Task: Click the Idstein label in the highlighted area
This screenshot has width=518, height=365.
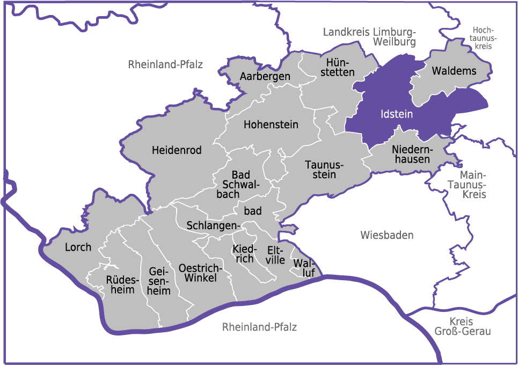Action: [396, 114]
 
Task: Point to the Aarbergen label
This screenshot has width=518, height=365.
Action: [265, 76]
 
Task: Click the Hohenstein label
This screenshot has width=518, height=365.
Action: [271, 125]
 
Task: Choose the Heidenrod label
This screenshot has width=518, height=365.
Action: [177, 150]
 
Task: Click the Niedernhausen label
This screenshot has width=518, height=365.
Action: [411, 154]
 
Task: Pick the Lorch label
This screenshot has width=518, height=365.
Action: [78, 247]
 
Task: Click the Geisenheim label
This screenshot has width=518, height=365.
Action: [159, 281]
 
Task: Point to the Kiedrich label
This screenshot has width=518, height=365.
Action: [244, 254]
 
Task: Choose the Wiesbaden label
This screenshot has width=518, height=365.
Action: [387, 235]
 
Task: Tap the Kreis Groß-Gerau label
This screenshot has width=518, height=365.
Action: [462, 326]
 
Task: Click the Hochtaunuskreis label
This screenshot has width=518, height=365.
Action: [483, 38]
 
